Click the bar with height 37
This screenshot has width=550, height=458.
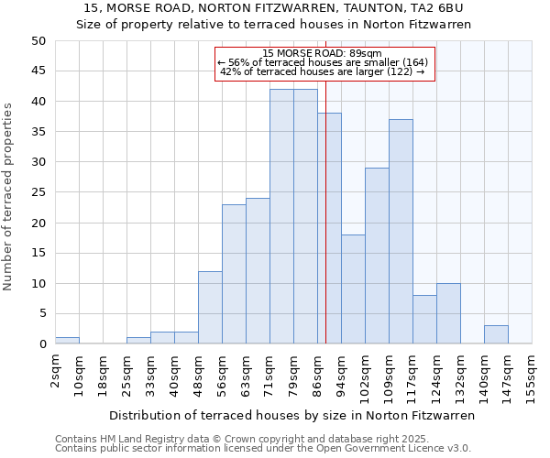[x=401, y=232]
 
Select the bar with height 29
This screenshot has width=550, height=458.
[x=377, y=256]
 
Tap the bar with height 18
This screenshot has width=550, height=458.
[x=353, y=289]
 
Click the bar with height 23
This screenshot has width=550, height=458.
[x=234, y=274]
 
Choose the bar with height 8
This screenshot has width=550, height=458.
[x=424, y=320]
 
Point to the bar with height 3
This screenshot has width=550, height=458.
[x=496, y=334]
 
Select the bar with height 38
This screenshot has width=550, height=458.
[x=329, y=228]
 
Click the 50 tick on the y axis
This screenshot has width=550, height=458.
[x=38, y=41]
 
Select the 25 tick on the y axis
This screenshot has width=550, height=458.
[x=38, y=192]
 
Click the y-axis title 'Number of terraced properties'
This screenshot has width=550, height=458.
[x=9, y=196]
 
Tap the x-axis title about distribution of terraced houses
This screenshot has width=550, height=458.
[x=291, y=416]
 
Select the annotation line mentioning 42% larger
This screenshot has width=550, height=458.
[x=323, y=71]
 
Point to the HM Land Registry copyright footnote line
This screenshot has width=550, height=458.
[x=262, y=439]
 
